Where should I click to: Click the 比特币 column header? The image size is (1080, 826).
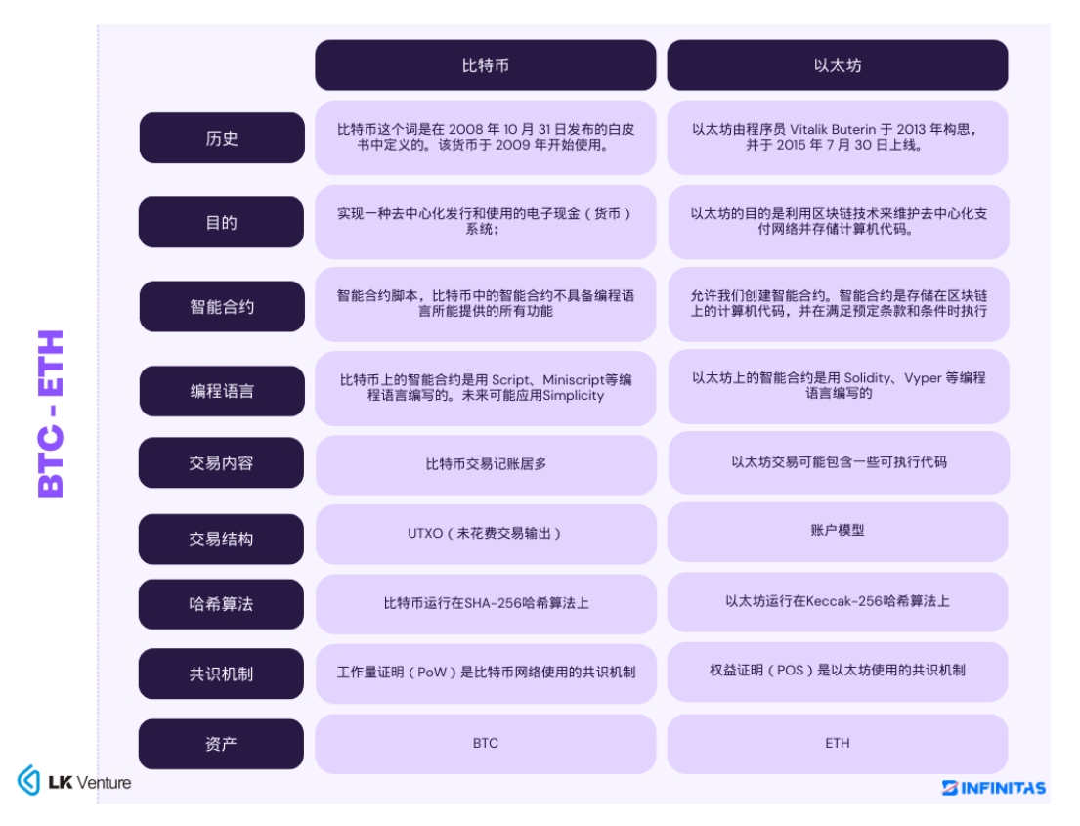(x=486, y=65)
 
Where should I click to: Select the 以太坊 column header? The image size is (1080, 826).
(x=838, y=65)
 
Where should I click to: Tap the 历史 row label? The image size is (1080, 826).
(x=222, y=138)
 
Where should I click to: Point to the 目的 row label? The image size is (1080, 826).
(x=221, y=222)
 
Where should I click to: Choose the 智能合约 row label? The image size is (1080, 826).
(x=222, y=307)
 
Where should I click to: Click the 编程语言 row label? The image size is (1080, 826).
(x=222, y=391)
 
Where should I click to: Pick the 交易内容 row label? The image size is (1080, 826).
(x=221, y=463)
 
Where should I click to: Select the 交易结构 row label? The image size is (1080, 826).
(x=221, y=539)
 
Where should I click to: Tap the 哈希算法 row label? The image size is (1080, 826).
(x=221, y=604)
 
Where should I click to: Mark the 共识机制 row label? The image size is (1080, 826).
(x=221, y=674)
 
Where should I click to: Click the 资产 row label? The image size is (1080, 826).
(x=221, y=744)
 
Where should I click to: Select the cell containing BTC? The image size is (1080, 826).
(x=486, y=744)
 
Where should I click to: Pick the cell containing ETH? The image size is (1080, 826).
(x=838, y=744)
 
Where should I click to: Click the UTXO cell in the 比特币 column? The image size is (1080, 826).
(x=486, y=534)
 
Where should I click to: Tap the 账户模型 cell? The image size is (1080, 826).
(x=838, y=531)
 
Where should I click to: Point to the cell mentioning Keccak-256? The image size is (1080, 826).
(x=838, y=601)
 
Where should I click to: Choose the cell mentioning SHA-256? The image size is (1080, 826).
(x=486, y=603)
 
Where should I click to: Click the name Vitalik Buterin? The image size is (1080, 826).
(x=833, y=129)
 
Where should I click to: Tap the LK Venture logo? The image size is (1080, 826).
(x=74, y=781)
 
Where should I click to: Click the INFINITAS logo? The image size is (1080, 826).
(x=994, y=788)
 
